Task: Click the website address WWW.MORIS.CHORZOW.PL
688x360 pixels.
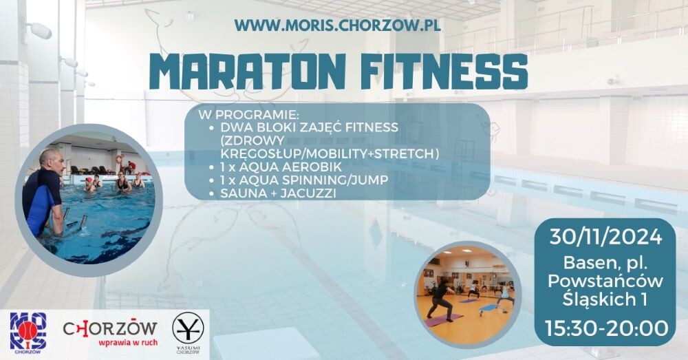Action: pyautogui.click(x=337, y=25)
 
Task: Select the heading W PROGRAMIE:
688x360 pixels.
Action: pyautogui.click(x=248, y=115)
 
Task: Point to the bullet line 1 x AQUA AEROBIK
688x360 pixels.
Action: pyautogui.click(x=281, y=167)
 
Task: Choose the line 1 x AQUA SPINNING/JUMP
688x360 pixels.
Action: pyautogui.click(x=304, y=180)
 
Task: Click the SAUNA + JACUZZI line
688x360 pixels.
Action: pyautogui.click(x=278, y=193)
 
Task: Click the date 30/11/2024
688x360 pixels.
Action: pyautogui.click(x=605, y=237)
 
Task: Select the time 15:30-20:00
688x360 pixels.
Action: pyautogui.click(x=607, y=328)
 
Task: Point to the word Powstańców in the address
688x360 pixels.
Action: pyautogui.click(x=605, y=281)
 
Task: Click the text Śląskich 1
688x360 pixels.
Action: pyautogui.click(x=605, y=299)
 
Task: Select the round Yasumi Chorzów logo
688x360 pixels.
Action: pyautogui.click(x=188, y=332)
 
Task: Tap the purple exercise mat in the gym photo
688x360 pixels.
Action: pyautogui.click(x=443, y=319)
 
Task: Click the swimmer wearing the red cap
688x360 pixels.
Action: pyautogui.click(x=90, y=185)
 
